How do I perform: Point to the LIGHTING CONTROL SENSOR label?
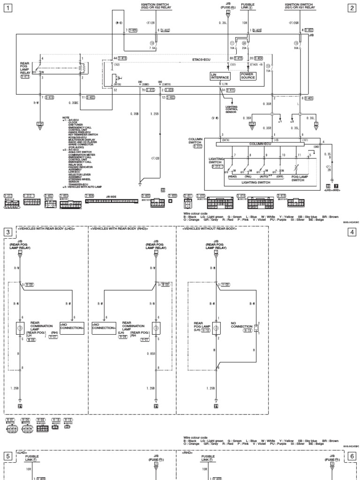click(231, 110)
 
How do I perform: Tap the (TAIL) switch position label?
click(249, 176)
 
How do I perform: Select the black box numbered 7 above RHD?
click(336, 186)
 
